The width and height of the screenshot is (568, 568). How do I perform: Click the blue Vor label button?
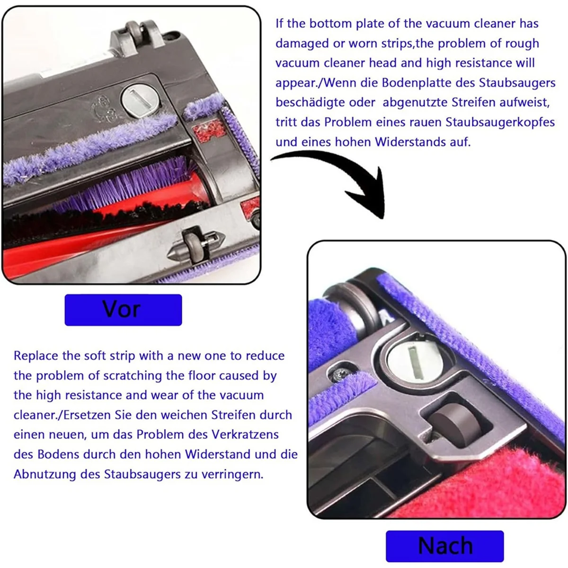pos(123,310)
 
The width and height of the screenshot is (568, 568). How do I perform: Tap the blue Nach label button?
pos(444,546)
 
